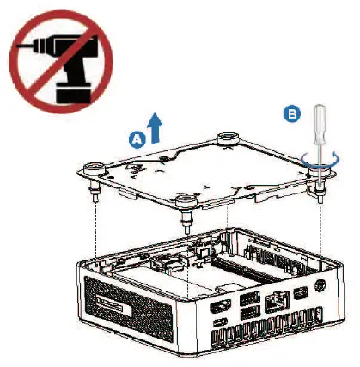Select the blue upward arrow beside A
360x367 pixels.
tap(156, 128)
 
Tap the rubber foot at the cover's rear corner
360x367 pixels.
tap(229, 136)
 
